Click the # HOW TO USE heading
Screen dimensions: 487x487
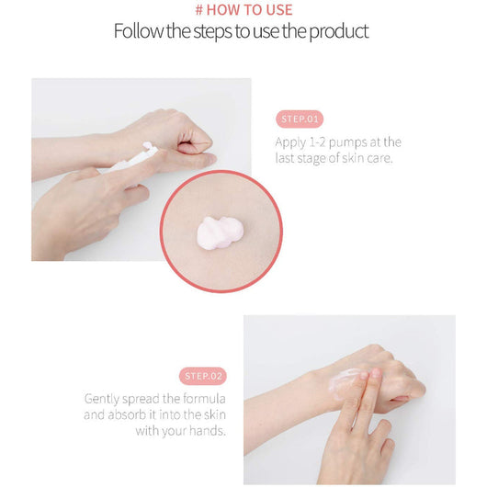point(243,10)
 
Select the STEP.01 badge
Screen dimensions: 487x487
point(299,119)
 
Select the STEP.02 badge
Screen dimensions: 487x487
point(203,376)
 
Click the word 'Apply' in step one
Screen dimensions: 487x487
point(290,142)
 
